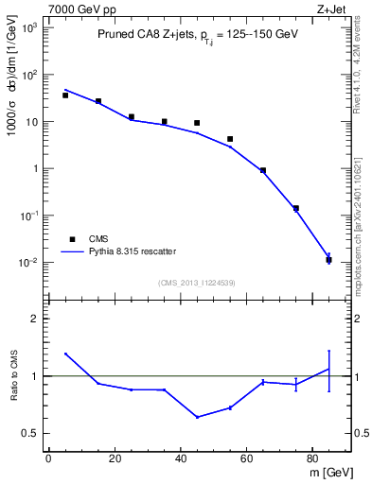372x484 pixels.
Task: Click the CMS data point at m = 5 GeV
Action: click(65, 95)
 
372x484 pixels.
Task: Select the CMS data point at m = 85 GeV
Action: click(328, 260)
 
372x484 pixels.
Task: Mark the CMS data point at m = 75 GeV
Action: click(296, 208)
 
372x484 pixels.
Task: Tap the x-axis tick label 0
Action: click(48, 459)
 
